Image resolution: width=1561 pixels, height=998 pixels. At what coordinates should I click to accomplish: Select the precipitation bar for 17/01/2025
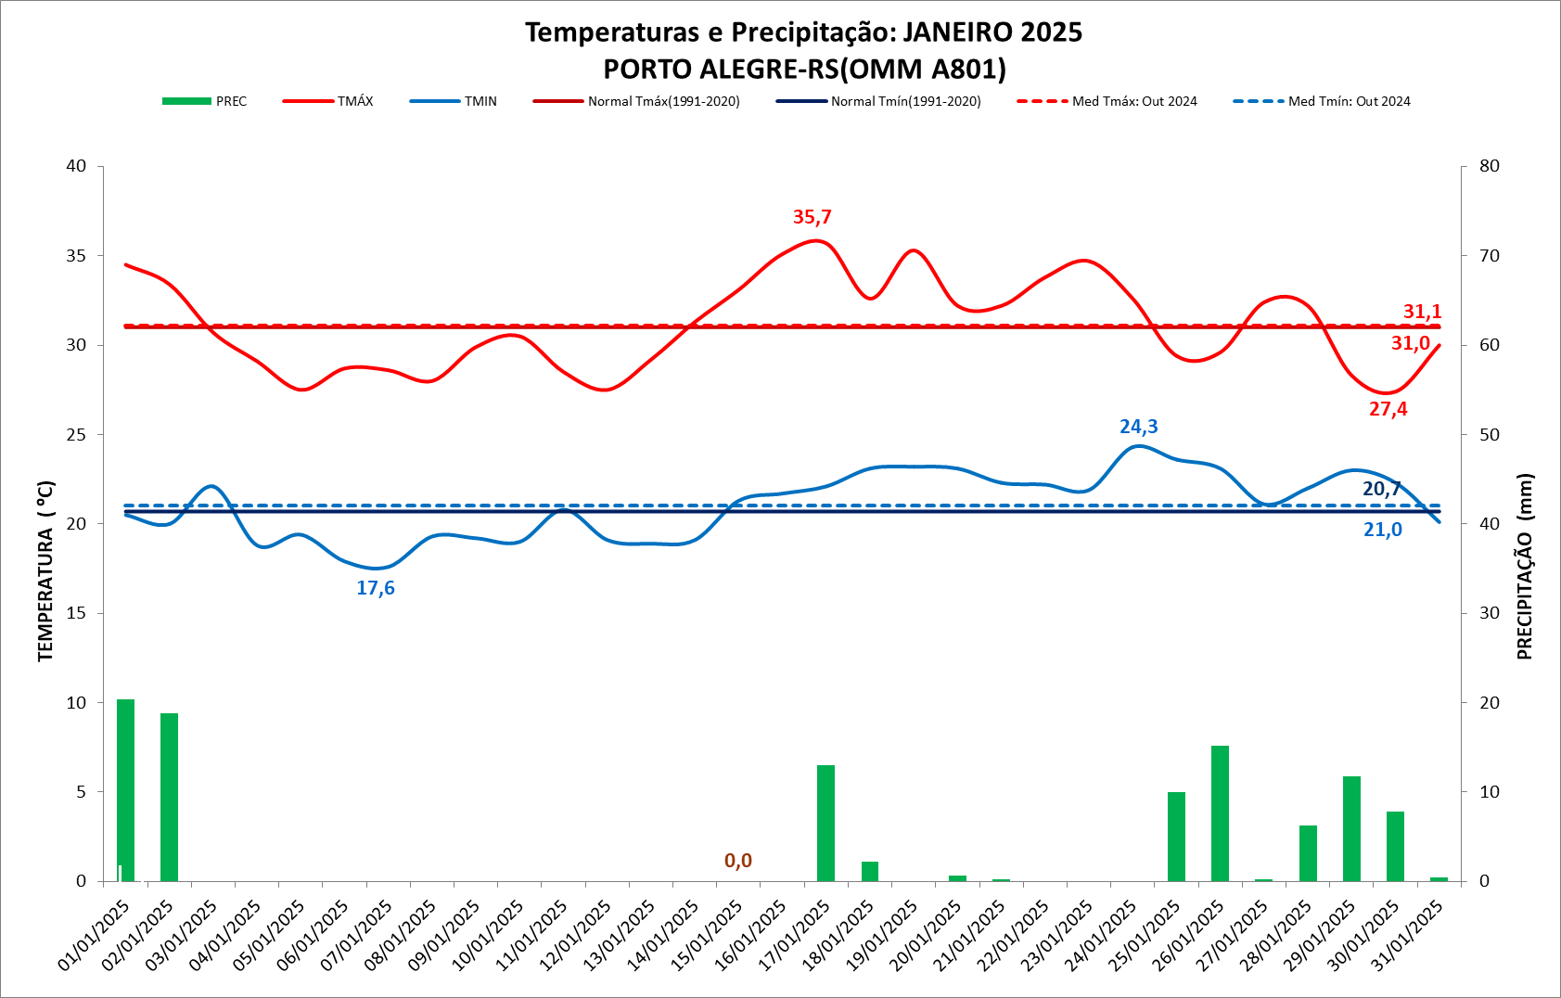point(825,823)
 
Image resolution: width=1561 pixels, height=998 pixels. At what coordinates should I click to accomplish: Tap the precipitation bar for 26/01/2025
point(1220,812)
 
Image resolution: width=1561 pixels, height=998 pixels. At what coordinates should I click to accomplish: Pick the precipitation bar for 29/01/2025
point(1351,828)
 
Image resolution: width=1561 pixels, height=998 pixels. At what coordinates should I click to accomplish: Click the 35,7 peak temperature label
point(812,217)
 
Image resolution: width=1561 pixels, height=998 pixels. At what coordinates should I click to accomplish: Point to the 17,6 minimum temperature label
point(376,588)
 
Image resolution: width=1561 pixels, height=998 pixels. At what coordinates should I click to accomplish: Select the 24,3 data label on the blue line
point(1138,427)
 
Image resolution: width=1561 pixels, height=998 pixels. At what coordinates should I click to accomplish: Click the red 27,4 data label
point(1388,409)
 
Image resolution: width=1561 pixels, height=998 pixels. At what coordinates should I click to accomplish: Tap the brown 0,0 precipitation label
point(738,861)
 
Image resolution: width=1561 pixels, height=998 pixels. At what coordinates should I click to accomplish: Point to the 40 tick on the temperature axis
point(76,166)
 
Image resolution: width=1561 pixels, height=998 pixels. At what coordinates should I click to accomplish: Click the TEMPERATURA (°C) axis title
point(46,570)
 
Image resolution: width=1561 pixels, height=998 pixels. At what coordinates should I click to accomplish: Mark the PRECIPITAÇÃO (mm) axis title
point(1525,566)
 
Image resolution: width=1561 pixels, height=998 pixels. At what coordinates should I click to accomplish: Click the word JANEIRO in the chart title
point(957,32)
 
